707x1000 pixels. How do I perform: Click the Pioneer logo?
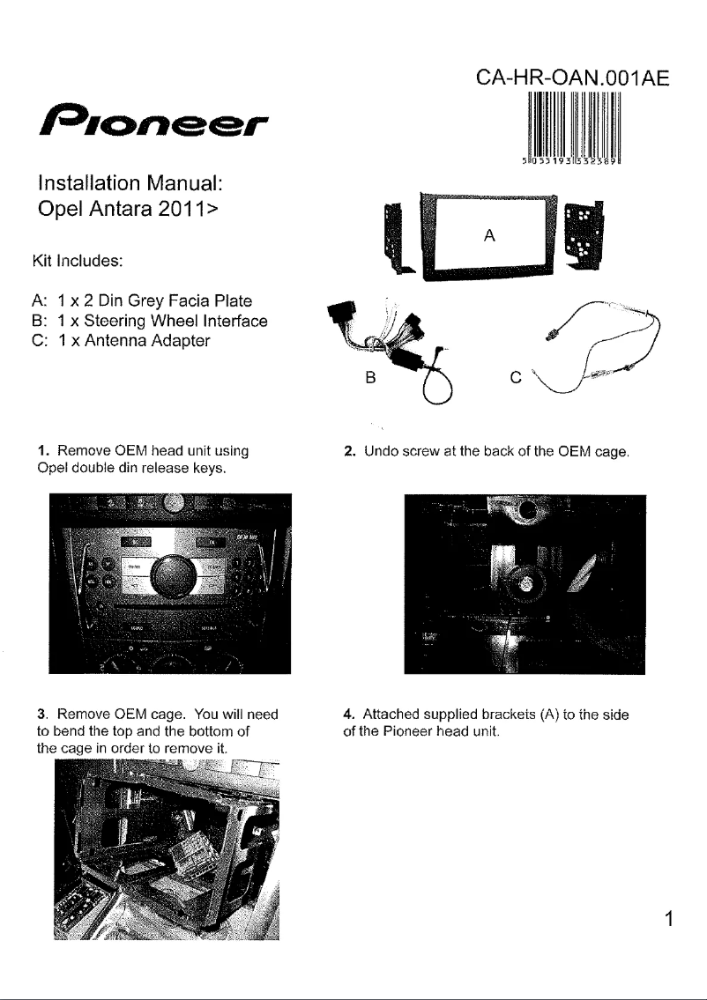coord(153,119)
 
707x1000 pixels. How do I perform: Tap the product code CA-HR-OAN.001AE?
coord(572,78)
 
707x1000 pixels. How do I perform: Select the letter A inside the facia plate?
coord(489,236)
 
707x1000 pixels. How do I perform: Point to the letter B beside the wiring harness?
coord(370,378)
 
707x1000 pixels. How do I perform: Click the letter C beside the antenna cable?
coord(517,378)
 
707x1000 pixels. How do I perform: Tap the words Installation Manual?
coord(130,183)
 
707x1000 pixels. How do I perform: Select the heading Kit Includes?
coord(78,261)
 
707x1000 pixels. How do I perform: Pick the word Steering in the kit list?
coord(113,321)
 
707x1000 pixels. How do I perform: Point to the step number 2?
coord(348,451)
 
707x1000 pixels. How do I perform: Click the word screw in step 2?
coord(421,452)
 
